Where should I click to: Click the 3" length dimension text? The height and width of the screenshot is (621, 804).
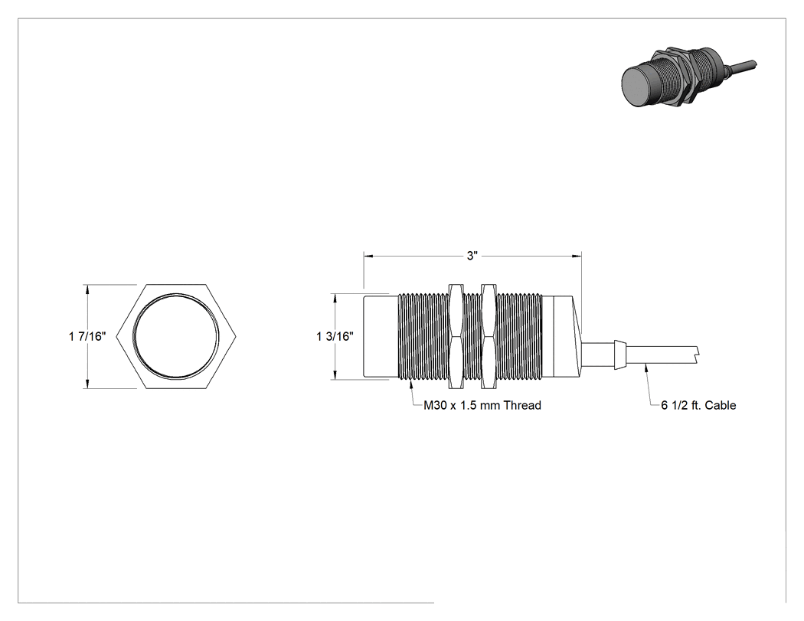pyautogui.click(x=472, y=256)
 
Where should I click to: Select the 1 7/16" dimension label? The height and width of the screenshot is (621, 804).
pyautogui.click(x=87, y=336)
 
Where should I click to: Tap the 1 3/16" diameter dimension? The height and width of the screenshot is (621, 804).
pyautogui.click(x=335, y=336)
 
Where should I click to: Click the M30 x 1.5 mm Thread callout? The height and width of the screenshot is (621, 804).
pyautogui.click(x=482, y=405)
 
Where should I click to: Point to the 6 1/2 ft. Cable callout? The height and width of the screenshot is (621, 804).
pyautogui.click(x=698, y=405)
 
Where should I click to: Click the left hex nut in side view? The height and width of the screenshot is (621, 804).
pyautogui.click(x=455, y=336)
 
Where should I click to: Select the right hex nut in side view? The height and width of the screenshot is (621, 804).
pyautogui.click(x=489, y=336)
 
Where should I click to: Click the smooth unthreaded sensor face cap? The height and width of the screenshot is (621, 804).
pyautogui.click(x=381, y=336)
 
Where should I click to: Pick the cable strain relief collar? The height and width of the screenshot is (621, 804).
pyautogui.click(x=620, y=354)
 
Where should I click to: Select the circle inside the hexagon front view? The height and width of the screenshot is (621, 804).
pyautogui.click(x=176, y=336)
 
